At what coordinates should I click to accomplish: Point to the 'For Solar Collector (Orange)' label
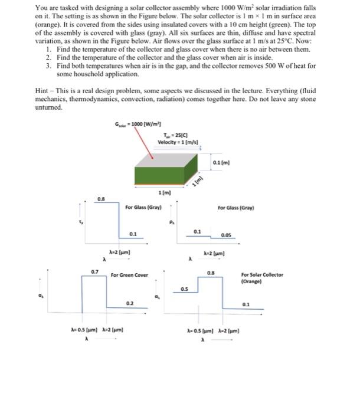pyautogui.click(x=262, y=278)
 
